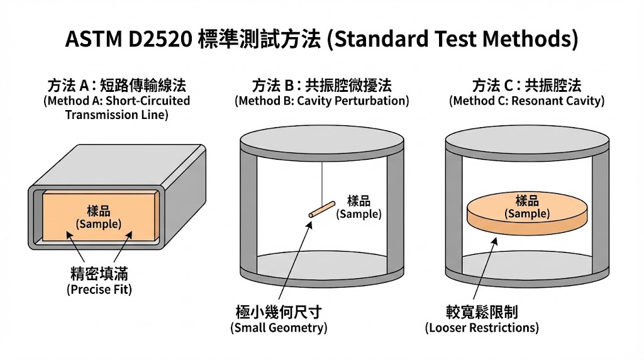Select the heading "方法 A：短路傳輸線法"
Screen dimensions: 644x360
[116, 86]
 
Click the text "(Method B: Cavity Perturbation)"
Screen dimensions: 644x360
[322, 101]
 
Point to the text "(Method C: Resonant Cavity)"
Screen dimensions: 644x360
[526, 101]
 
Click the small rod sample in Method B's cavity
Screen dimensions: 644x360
[322, 209]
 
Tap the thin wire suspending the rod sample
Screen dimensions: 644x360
[322, 183]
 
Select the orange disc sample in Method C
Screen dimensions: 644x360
[527, 215]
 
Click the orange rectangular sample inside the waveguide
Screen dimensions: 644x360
[100, 215]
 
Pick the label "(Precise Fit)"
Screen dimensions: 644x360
[99, 290]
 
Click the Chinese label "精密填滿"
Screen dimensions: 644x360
[99, 273]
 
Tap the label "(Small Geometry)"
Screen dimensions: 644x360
[279, 327]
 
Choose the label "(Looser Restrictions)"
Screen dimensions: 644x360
[482, 327]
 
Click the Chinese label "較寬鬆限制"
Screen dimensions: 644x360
[482, 312]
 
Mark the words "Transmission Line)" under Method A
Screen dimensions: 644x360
[116, 115]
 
